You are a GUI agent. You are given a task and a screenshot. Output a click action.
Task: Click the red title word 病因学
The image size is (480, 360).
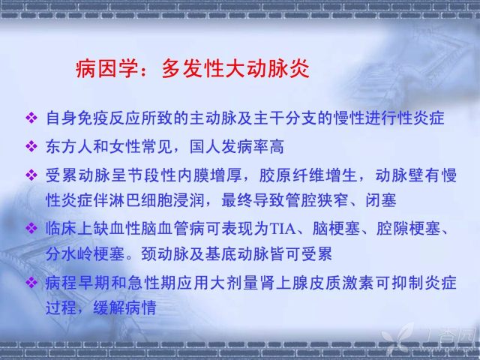coord(106,68)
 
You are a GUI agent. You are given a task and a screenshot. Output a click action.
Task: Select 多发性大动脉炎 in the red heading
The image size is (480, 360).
coord(235,68)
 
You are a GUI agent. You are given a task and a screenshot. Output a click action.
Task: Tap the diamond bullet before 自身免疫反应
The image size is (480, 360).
coord(31,118)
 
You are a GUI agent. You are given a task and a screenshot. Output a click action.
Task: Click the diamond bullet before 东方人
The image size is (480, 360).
coord(31,146)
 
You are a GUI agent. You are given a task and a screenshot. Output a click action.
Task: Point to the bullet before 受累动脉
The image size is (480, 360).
coord(31,175)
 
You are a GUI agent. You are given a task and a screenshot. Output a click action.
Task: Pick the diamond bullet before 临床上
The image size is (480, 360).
coord(31,228)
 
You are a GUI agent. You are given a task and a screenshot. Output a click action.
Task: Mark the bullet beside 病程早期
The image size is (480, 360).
coord(31,282)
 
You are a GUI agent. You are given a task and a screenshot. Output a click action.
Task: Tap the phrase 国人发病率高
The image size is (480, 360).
coord(237,147)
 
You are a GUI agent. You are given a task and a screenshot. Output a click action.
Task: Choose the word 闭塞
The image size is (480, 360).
coord(381,200)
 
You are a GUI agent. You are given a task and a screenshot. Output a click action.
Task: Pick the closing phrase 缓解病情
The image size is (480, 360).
coord(125,307)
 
